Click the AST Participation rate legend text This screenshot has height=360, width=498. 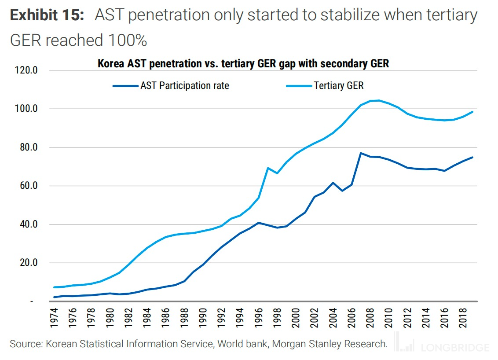tap(185, 85)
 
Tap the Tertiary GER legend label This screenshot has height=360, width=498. tap(339, 85)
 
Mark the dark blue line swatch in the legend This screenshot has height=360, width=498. tap(125, 85)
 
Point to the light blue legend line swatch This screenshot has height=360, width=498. tap(299, 85)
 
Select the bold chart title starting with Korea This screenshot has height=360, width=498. tap(243, 64)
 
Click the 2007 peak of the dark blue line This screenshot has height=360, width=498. tap(360, 153)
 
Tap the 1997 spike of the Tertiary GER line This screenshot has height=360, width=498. tap(267, 168)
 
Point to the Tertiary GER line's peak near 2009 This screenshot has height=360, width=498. tap(379, 100)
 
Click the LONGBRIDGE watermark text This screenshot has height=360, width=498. tap(456, 348)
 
